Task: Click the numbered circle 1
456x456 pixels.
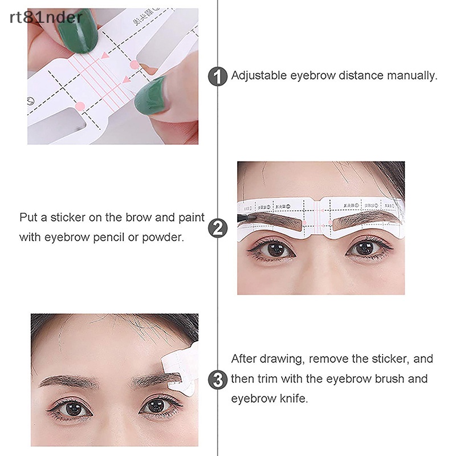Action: click(218, 76)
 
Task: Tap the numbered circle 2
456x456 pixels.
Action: click(218, 228)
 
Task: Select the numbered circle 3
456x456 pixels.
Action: click(218, 379)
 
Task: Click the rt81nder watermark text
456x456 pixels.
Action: click(46, 17)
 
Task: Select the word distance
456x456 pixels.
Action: click(363, 75)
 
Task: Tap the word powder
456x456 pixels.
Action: click(165, 237)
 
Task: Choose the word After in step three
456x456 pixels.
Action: click(245, 359)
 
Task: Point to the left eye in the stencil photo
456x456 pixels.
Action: click(276, 249)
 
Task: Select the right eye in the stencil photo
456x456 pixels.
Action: click(364, 249)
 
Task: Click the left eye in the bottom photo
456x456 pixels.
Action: click(74, 408)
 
